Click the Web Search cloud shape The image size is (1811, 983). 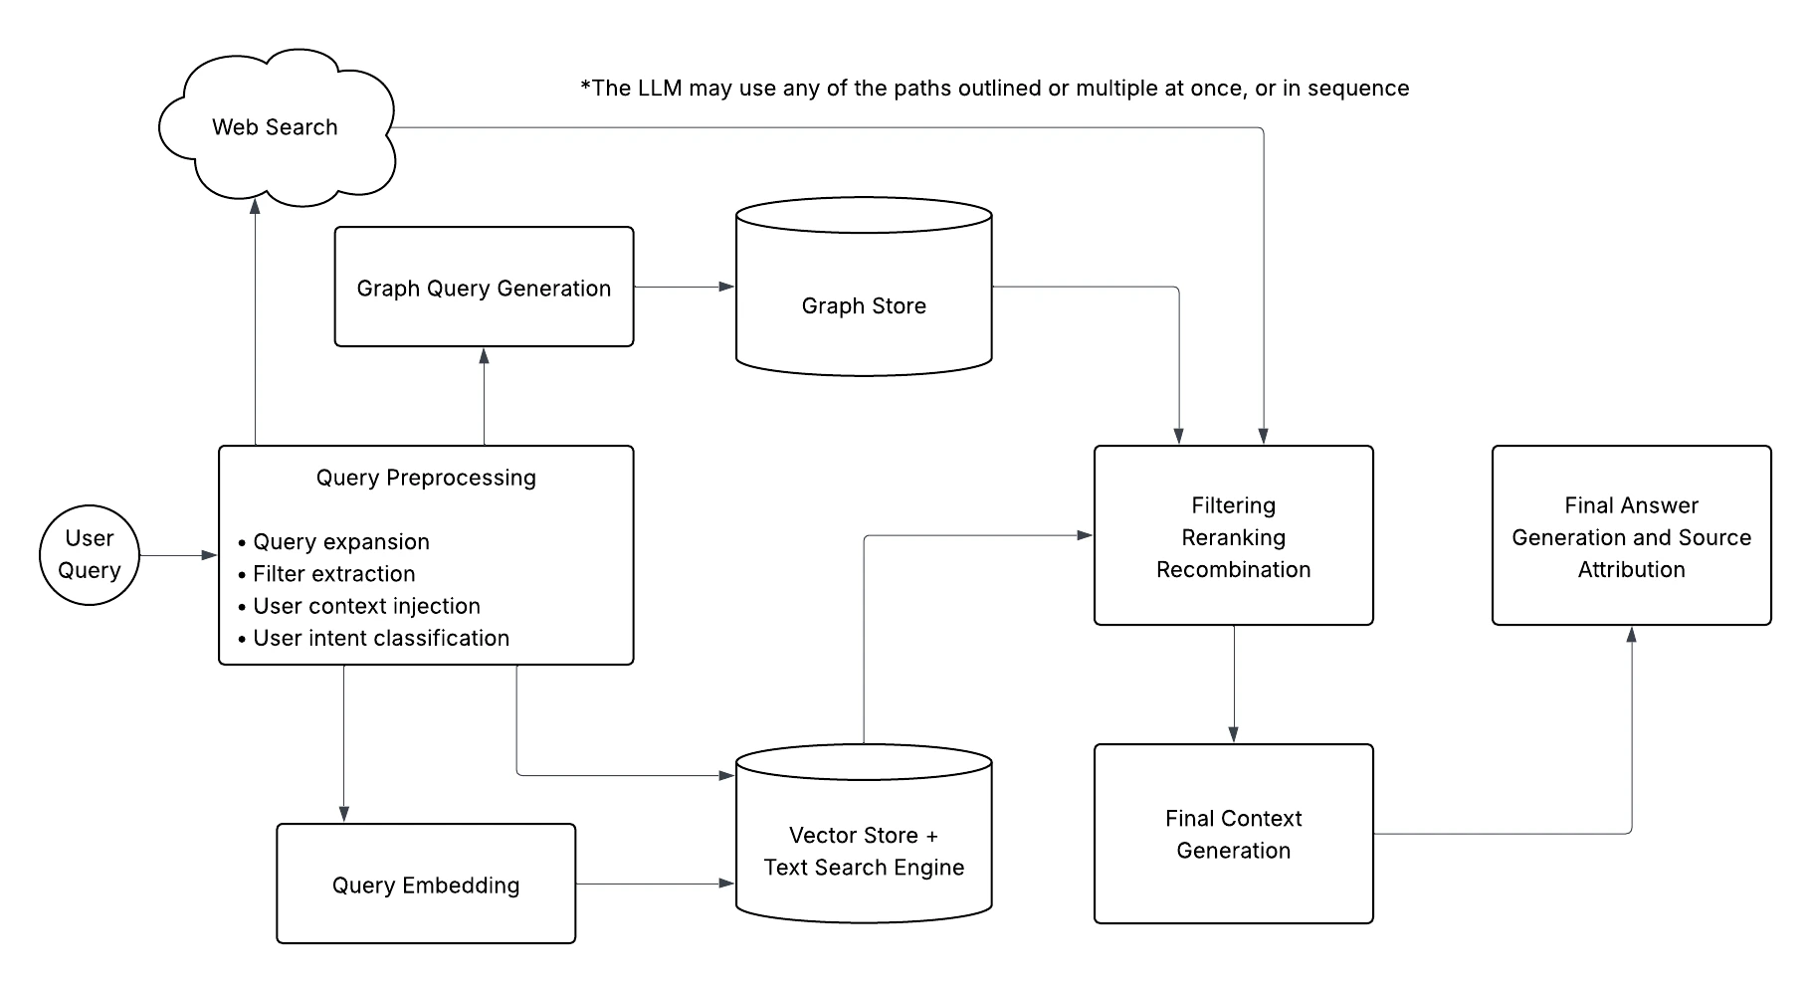click(276, 127)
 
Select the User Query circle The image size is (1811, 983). click(90, 554)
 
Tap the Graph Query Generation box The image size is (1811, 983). click(484, 288)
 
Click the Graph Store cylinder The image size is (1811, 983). click(864, 305)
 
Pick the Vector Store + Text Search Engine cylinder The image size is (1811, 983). click(864, 851)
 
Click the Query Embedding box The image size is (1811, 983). click(426, 885)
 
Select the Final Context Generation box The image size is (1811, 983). click(1233, 834)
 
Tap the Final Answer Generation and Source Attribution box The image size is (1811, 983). click(1631, 536)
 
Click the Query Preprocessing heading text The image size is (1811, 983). click(426, 478)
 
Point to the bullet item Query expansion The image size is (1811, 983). click(340, 541)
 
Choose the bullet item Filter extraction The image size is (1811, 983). click(333, 574)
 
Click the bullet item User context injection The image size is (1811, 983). click(365, 606)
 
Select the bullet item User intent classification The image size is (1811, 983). click(380, 638)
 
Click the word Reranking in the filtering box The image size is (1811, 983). click(1233, 537)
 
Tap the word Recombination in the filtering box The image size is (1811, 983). click(1233, 569)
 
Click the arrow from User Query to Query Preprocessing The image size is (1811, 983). click(177, 555)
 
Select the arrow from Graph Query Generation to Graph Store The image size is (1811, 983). click(684, 287)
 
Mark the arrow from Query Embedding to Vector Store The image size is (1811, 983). click(654, 884)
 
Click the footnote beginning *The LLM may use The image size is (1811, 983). click(994, 89)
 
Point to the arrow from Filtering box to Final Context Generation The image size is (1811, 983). click(1234, 684)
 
